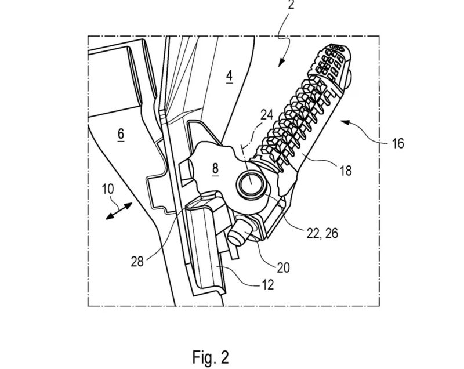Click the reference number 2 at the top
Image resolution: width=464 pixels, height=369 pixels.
291,5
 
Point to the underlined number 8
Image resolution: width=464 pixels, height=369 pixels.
215,169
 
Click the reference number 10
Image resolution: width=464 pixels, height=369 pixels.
108,189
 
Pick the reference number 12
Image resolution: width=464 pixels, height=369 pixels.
267,285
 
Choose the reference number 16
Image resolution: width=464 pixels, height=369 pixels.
398,143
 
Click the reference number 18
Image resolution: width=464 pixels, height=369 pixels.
346,171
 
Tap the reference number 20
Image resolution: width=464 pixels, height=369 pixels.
283,268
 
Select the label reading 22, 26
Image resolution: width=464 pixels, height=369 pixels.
322,233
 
